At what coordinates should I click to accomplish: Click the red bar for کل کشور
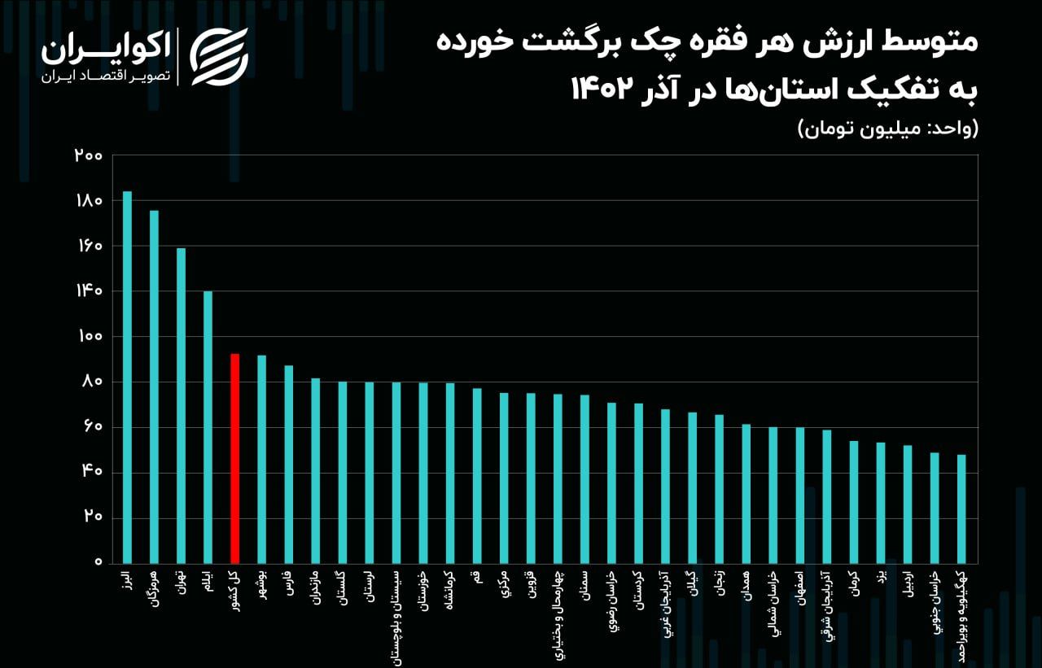click(x=234, y=458)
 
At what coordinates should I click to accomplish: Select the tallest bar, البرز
click(x=127, y=377)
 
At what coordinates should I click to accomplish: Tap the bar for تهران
click(x=181, y=405)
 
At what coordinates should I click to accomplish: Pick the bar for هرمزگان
click(x=154, y=386)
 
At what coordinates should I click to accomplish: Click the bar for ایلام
click(x=208, y=427)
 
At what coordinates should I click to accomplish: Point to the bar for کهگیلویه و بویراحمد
click(x=961, y=509)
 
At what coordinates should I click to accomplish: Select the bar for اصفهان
click(x=800, y=495)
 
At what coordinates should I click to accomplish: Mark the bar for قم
click(x=477, y=475)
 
